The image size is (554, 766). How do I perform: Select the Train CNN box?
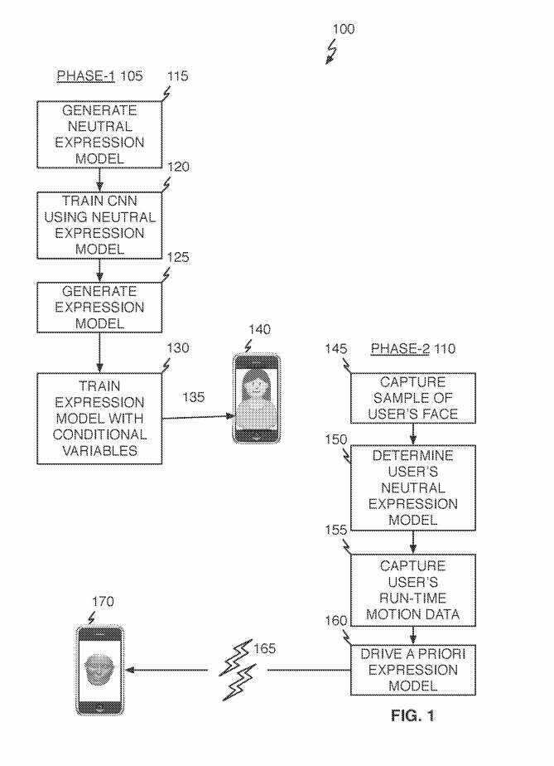(99, 225)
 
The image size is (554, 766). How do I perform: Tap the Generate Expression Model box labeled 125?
(99, 308)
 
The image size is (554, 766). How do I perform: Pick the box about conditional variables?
(99, 418)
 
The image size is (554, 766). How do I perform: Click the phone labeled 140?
(256, 399)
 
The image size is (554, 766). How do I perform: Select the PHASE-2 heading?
(400, 349)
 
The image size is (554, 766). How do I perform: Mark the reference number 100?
(343, 29)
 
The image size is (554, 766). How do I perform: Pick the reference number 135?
(195, 397)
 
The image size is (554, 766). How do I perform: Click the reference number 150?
(336, 437)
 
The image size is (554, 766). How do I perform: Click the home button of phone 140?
(256, 434)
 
